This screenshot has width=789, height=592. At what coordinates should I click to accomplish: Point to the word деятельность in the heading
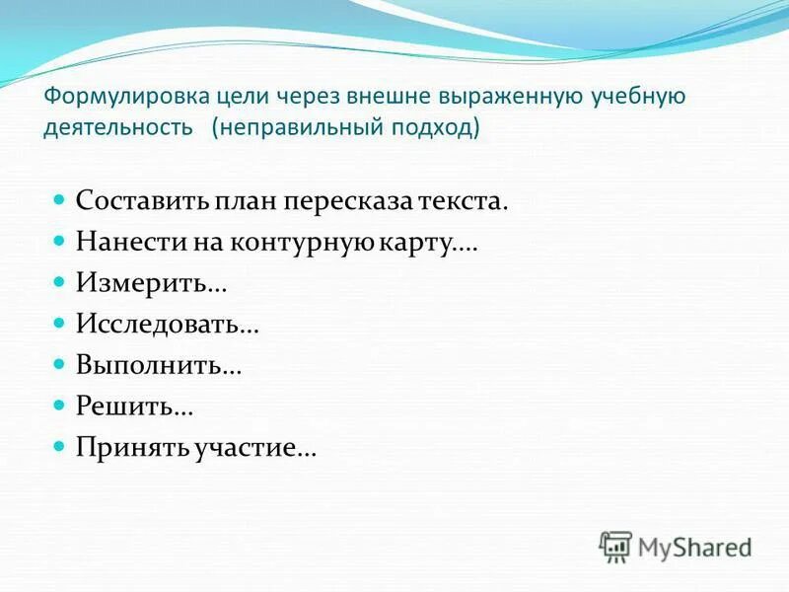(117, 129)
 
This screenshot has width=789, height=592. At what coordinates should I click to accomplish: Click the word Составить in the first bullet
(139, 202)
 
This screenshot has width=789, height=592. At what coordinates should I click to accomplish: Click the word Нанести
(122, 243)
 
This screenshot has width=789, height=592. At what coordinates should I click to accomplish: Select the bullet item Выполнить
(159, 366)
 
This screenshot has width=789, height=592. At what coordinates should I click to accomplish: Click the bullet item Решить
(134, 407)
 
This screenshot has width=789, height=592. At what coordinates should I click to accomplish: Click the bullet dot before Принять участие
(57, 445)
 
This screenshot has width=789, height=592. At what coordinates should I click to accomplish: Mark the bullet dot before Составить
(57, 199)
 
